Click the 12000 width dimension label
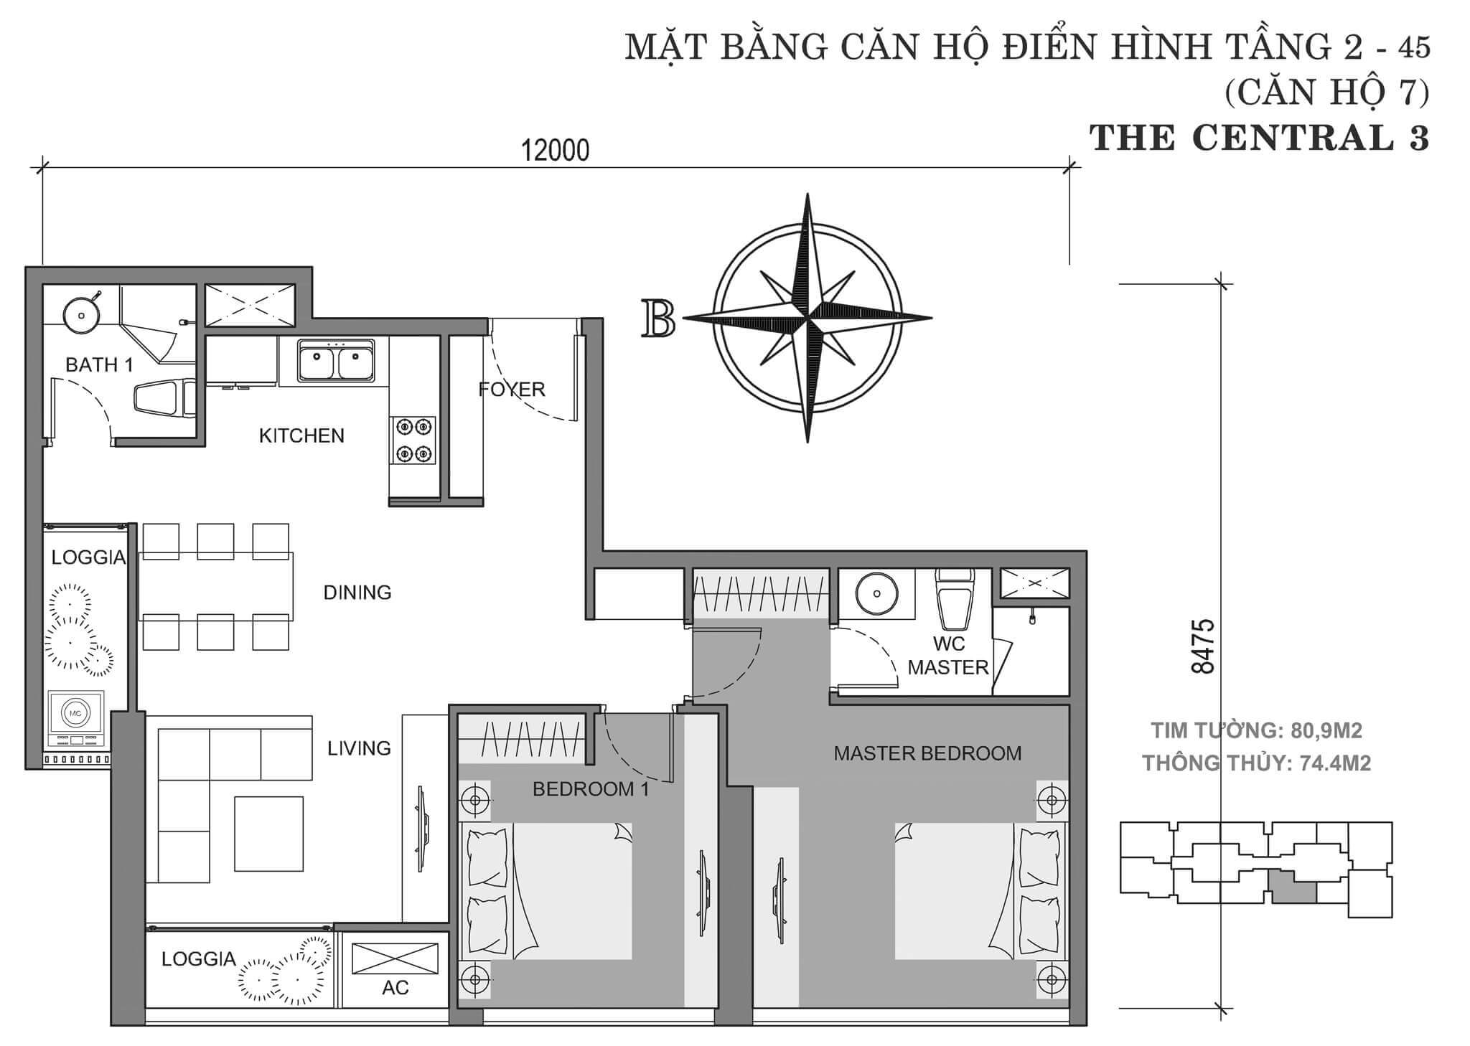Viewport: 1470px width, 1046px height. pos(554,151)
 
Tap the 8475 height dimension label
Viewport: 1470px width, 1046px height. pos(1202,645)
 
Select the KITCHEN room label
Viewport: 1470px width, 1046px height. pos(301,435)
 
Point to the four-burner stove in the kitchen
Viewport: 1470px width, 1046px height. pos(413,440)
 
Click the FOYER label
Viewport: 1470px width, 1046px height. pos(512,389)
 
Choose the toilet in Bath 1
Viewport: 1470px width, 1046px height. pos(164,397)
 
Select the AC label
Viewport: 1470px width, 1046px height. pos(395,987)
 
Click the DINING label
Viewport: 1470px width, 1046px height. pos(357,592)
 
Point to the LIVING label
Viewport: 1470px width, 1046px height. pos(359,748)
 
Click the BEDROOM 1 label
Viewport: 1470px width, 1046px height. pos(591,789)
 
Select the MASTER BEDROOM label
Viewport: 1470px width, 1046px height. pos(927,753)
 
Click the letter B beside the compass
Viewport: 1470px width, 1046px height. pos(659,319)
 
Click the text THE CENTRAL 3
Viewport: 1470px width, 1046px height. pos(1260,138)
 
